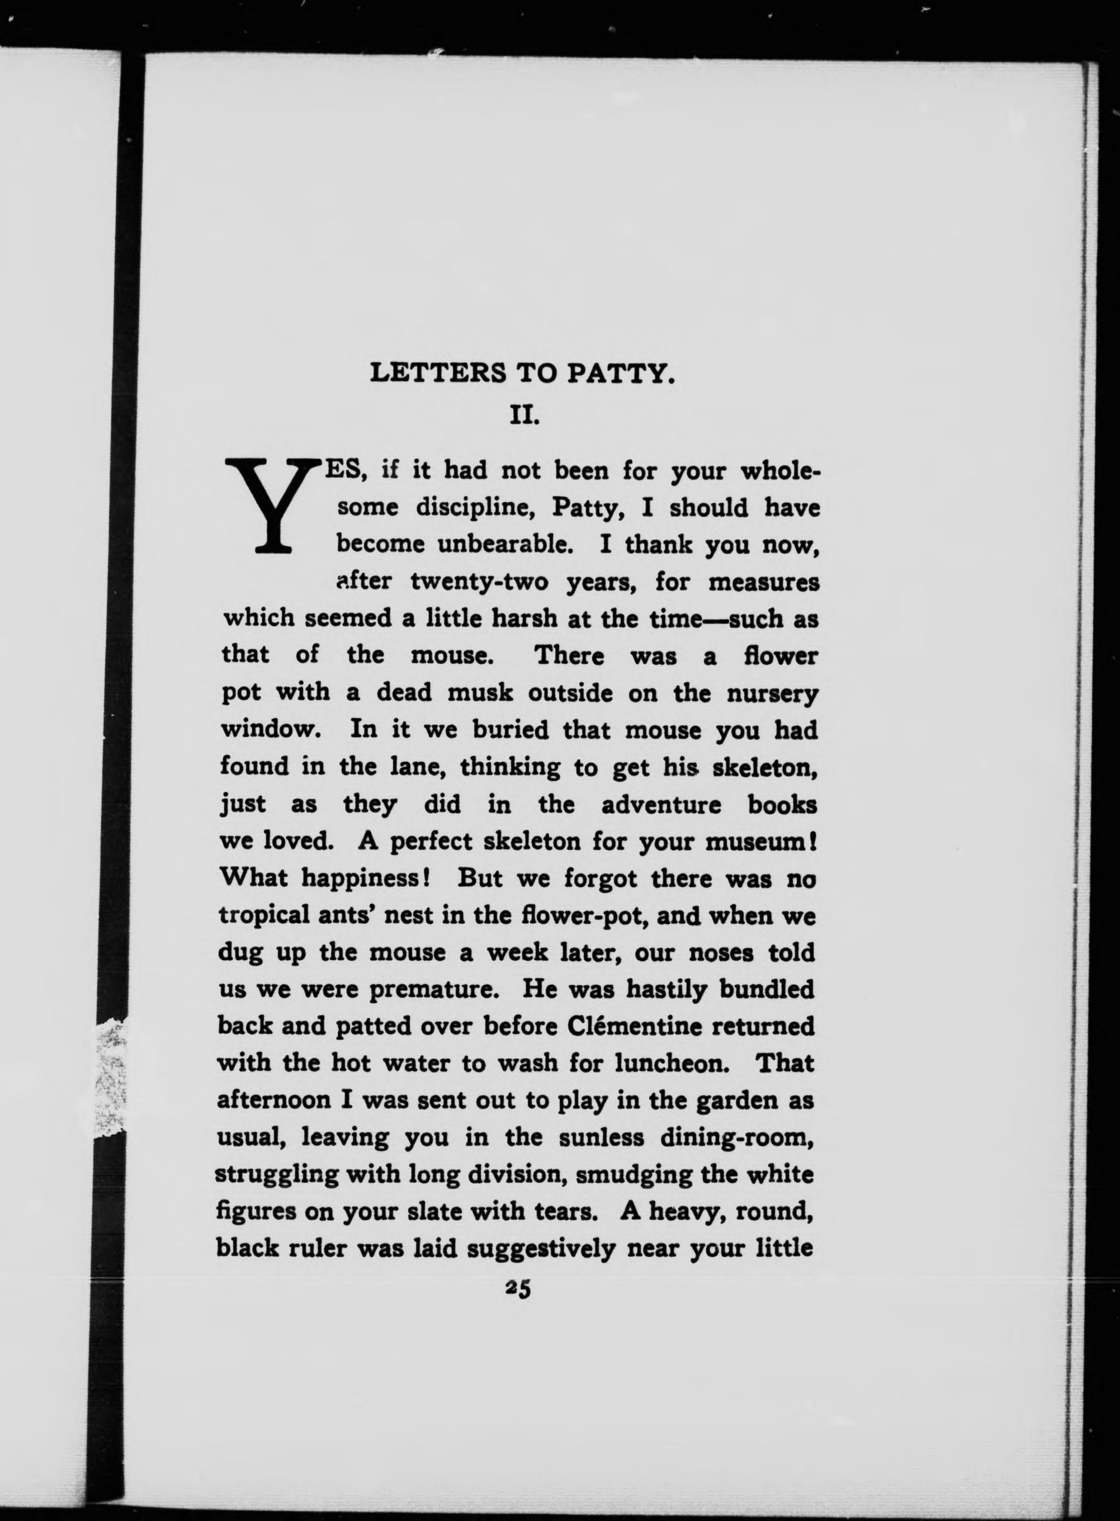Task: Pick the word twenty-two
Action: click(479, 582)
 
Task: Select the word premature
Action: click(434, 990)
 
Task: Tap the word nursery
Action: click(772, 694)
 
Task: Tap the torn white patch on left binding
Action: click(112, 1078)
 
